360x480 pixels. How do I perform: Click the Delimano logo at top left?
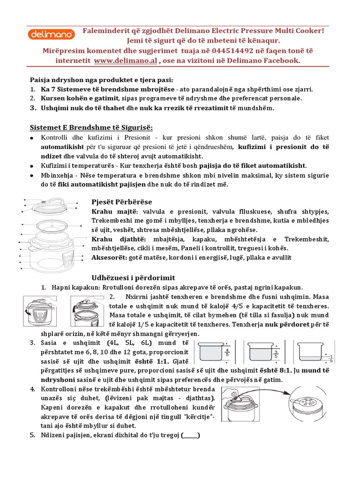[49, 34]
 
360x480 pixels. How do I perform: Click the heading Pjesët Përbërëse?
[121, 202]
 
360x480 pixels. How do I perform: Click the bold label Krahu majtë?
[109, 211]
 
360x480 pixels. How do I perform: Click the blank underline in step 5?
[190, 435]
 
